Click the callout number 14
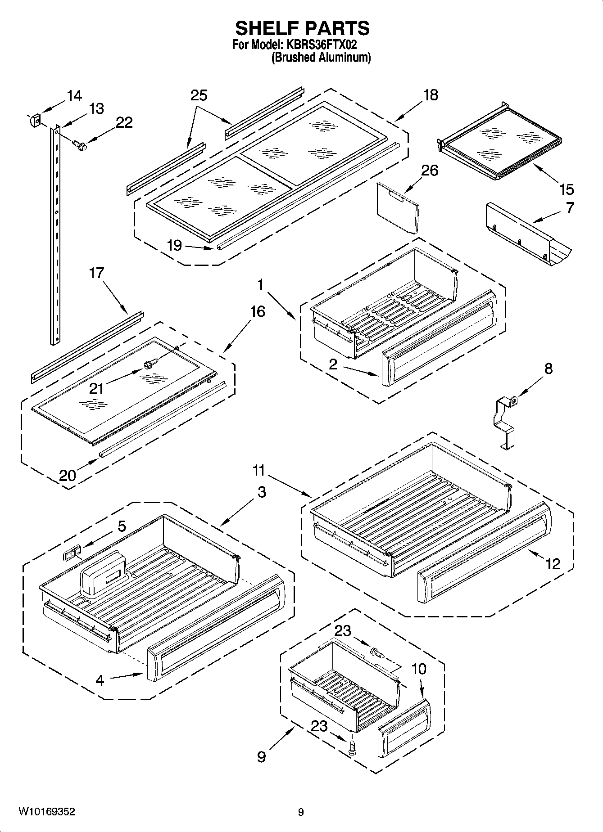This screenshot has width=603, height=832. click(74, 96)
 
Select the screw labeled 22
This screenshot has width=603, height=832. click(81, 144)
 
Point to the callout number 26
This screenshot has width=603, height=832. click(429, 171)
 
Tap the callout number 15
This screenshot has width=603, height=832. click(566, 189)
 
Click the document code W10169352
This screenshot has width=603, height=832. click(47, 812)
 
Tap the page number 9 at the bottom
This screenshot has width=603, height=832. click(301, 812)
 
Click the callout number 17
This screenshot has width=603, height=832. click(96, 273)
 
